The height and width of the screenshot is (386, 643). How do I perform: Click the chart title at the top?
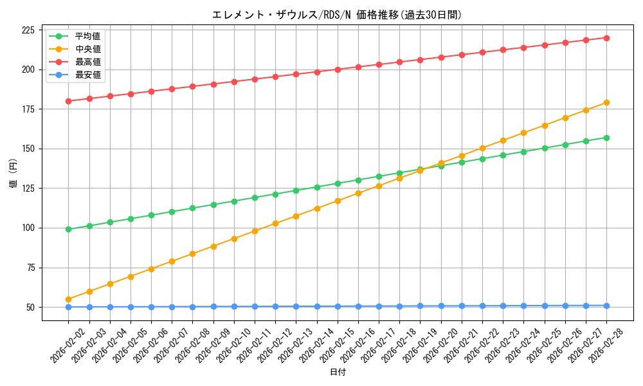pos(337,15)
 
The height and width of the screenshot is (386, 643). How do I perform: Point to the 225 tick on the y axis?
pos(28,30)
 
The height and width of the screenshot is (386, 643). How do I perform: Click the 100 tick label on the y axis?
pos(28,228)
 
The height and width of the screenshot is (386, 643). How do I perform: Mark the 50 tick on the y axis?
pos(30,307)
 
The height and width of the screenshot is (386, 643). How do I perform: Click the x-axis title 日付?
pos(338,372)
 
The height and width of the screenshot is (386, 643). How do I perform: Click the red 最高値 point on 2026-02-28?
pos(606,38)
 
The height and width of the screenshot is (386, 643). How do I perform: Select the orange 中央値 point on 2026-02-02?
pos(68,299)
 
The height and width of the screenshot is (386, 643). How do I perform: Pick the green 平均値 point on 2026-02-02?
pos(68,229)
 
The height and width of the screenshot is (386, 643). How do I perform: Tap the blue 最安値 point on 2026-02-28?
pos(606,306)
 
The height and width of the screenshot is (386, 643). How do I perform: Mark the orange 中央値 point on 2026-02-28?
pos(606,102)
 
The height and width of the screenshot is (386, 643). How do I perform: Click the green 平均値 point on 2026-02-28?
pos(606,138)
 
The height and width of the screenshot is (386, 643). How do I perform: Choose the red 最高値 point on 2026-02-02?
pos(68,101)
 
